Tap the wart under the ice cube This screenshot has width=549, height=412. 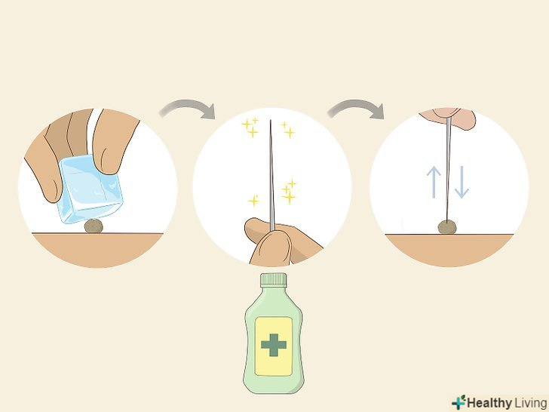tap(94, 226)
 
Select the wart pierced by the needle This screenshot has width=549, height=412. tap(447, 227)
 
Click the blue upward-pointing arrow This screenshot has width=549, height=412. tap(434, 182)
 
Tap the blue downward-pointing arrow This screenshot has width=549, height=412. tap(462, 182)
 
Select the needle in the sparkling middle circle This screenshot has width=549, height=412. tap(271, 175)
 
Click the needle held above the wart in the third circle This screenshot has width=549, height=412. tap(448, 169)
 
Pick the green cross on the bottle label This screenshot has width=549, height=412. tap(274, 345)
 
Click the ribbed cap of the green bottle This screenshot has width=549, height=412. tap(274, 280)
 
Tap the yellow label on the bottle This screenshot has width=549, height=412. tap(274, 346)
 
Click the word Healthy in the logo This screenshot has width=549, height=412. tap(489, 403)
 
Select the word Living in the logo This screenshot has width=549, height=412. tap(530, 403)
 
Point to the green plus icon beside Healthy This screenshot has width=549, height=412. tap(459, 402)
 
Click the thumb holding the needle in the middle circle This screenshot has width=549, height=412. tap(271, 247)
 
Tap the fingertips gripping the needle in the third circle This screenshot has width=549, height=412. tap(448, 118)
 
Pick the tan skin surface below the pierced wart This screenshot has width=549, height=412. tap(449, 249)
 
